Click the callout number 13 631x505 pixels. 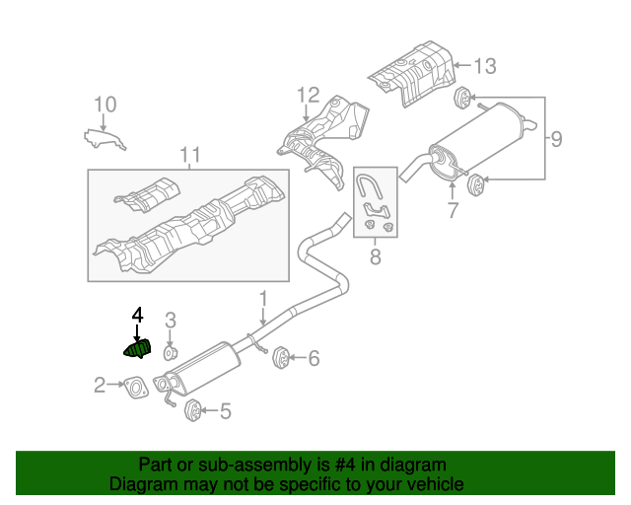(x=484, y=67)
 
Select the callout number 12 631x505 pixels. (x=308, y=96)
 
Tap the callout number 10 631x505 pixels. (x=105, y=105)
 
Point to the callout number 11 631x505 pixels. (x=189, y=154)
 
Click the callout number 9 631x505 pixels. (x=556, y=139)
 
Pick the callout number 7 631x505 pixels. (x=453, y=209)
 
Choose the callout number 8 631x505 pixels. (x=375, y=258)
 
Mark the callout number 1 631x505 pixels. (x=263, y=297)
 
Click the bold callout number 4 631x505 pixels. (x=137, y=315)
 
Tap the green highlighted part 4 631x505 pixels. (x=137, y=348)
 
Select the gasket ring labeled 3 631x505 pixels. (x=170, y=352)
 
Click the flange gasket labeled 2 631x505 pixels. (x=136, y=387)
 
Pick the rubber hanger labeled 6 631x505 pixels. (x=279, y=357)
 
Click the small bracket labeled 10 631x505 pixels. (x=105, y=137)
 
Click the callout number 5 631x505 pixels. (x=225, y=411)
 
